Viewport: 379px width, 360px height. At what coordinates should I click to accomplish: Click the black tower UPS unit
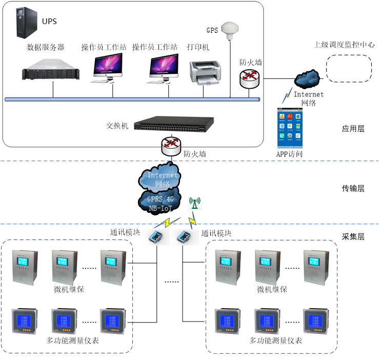[26, 23]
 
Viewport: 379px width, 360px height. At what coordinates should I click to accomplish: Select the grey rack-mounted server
[52, 69]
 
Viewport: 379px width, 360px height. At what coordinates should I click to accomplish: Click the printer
[205, 72]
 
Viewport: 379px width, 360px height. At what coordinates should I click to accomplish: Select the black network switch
[173, 124]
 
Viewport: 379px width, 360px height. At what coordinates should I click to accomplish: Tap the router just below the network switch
[171, 146]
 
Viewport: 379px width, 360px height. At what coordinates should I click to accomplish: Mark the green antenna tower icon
[194, 204]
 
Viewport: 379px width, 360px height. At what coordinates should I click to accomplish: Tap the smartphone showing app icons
[290, 128]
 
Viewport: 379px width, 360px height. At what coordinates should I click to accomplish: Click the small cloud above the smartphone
[307, 78]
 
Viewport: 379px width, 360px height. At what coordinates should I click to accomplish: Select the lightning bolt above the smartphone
[287, 95]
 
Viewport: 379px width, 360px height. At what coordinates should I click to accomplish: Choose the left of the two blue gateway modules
[155, 236]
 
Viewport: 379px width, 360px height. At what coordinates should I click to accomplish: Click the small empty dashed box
[354, 74]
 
